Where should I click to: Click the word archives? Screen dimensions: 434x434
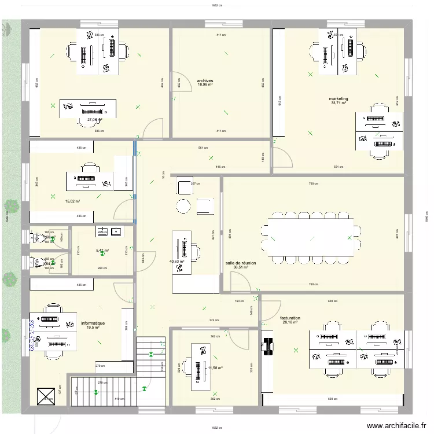[x=205, y=81]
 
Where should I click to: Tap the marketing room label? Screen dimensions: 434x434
[x=339, y=99]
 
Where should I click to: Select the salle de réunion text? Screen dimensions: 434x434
[x=241, y=263]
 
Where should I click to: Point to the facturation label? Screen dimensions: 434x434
[x=290, y=318]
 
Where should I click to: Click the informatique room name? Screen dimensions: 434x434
[x=93, y=323]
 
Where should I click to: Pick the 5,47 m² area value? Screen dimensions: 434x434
[x=102, y=251]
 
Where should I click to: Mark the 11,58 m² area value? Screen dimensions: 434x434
[x=215, y=367]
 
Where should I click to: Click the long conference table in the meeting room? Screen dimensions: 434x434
[x=311, y=237]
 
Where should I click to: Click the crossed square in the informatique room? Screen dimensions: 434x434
[x=45, y=396]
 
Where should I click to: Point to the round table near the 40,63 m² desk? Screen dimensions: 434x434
[x=183, y=205]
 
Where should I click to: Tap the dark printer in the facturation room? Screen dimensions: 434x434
[x=267, y=346]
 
